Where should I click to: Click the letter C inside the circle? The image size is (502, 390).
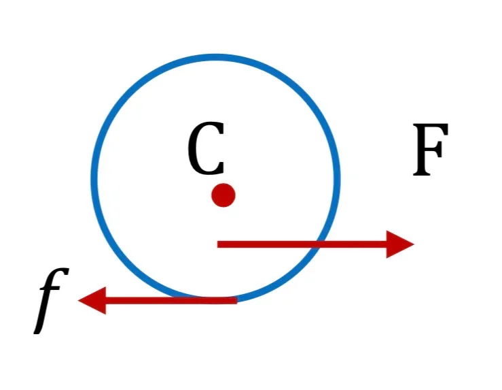[x=206, y=148]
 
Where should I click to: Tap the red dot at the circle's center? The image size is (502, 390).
[x=223, y=195]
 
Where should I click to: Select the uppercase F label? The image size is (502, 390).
[x=430, y=150]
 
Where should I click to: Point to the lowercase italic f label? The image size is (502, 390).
[x=51, y=301]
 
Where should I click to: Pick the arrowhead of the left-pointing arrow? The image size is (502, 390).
[x=92, y=301]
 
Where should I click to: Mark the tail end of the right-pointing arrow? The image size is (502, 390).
[x=217, y=244]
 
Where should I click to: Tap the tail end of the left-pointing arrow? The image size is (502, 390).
[x=237, y=301]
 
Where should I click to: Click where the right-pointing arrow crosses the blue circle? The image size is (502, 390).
[x=318, y=244]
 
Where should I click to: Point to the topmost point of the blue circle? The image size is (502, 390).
[x=215, y=57]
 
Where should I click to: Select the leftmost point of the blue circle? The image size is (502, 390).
[x=94, y=178]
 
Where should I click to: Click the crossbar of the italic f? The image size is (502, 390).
[x=50, y=289]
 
